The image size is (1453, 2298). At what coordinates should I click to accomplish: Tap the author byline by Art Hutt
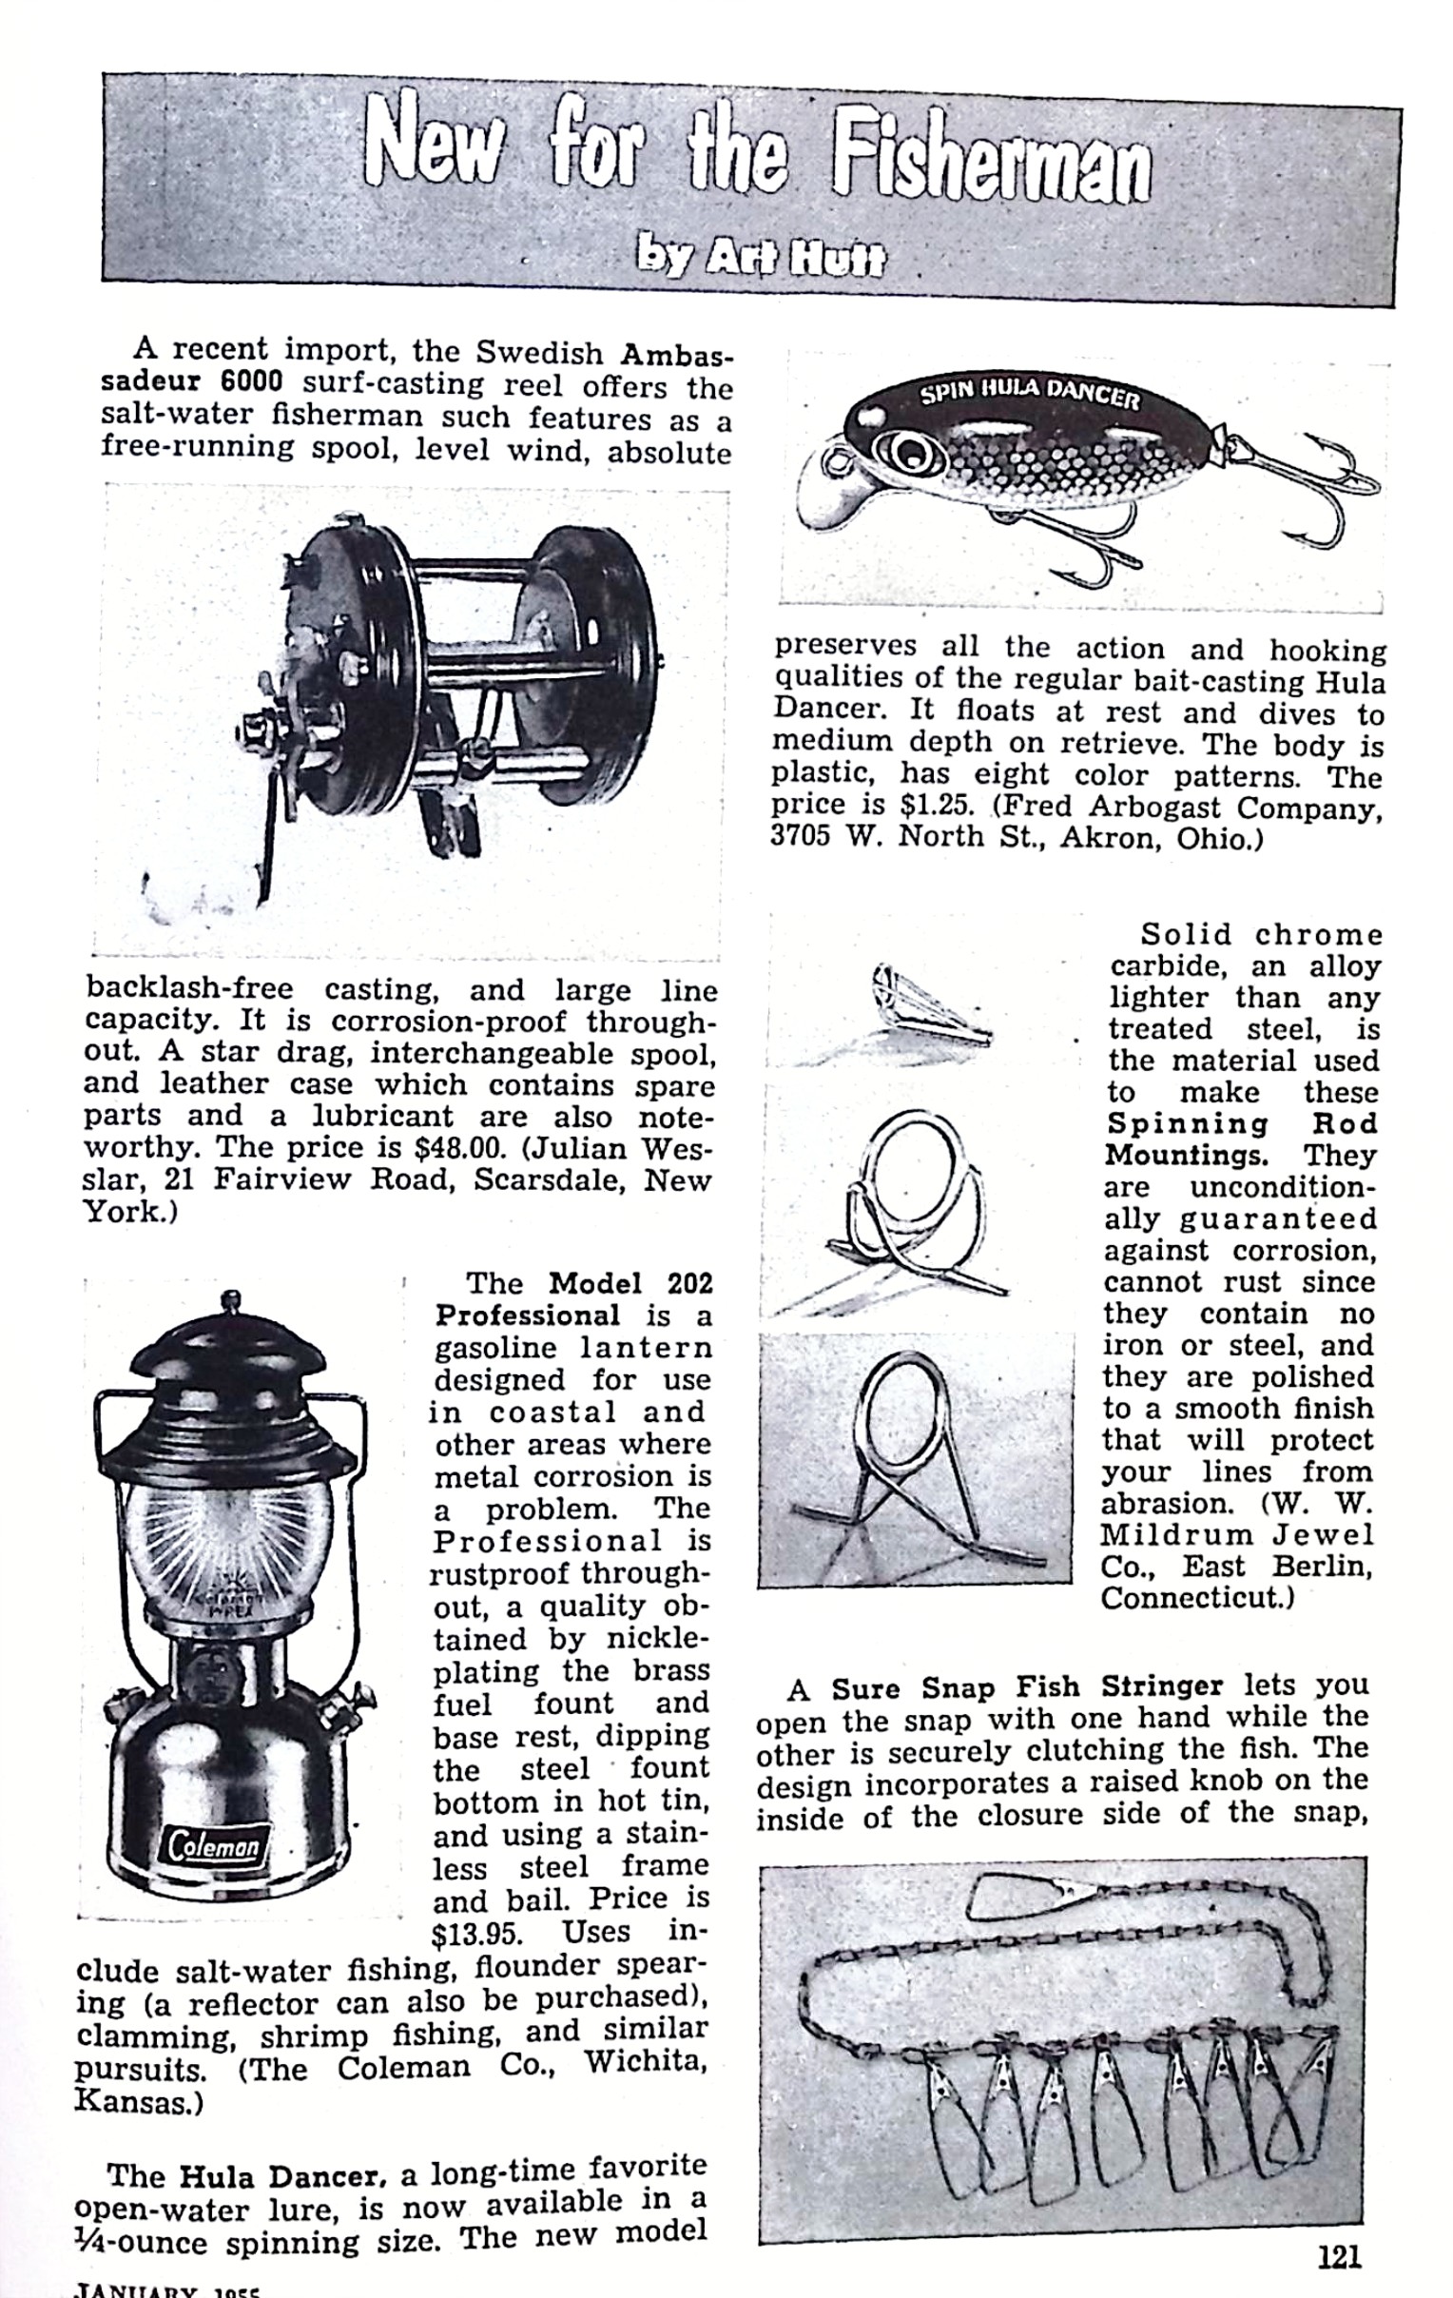click(x=761, y=256)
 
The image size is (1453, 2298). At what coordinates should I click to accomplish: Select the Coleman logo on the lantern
click(x=215, y=1846)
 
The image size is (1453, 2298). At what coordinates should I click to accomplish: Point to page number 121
click(x=1339, y=2255)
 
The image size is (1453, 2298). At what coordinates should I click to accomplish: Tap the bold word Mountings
click(x=1185, y=1156)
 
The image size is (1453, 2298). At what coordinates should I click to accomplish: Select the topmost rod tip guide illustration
click(x=925, y=1012)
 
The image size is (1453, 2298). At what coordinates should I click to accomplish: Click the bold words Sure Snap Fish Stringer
click(x=1027, y=1688)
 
